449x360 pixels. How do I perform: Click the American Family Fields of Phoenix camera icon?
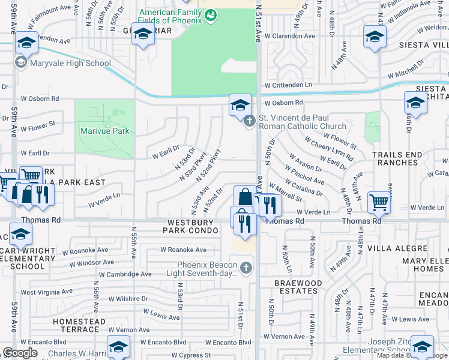[x=209, y=16]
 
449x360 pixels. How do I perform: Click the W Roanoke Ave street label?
[x=183, y=250]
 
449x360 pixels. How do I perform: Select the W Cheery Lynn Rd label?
[x=328, y=148]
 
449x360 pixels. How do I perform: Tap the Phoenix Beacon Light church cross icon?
[x=245, y=267]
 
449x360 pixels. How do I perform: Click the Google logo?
[x=20, y=353]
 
